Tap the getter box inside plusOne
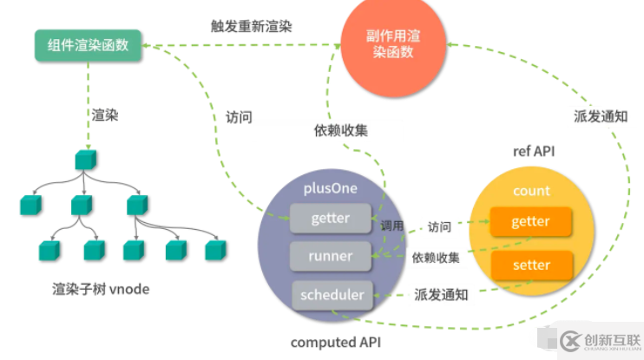(x=330, y=219)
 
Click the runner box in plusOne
(x=330, y=256)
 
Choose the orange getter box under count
(x=530, y=221)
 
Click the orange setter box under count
(x=530, y=265)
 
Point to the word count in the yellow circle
(x=531, y=191)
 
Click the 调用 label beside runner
(x=392, y=226)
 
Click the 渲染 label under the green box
(x=105, y=115)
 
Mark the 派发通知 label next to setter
(x=436, y=295)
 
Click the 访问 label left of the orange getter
(x=439, y=226)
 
